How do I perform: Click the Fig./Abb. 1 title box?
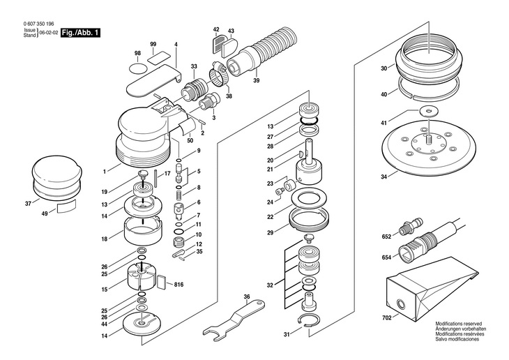point(80,33)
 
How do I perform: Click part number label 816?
point(178,285)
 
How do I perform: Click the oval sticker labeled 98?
point(137,68)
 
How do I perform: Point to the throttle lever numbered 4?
point(153,80)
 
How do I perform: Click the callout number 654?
point(386,257)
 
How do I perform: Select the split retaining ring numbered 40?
point(430,89)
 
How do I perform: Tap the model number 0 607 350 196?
point(38,24)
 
